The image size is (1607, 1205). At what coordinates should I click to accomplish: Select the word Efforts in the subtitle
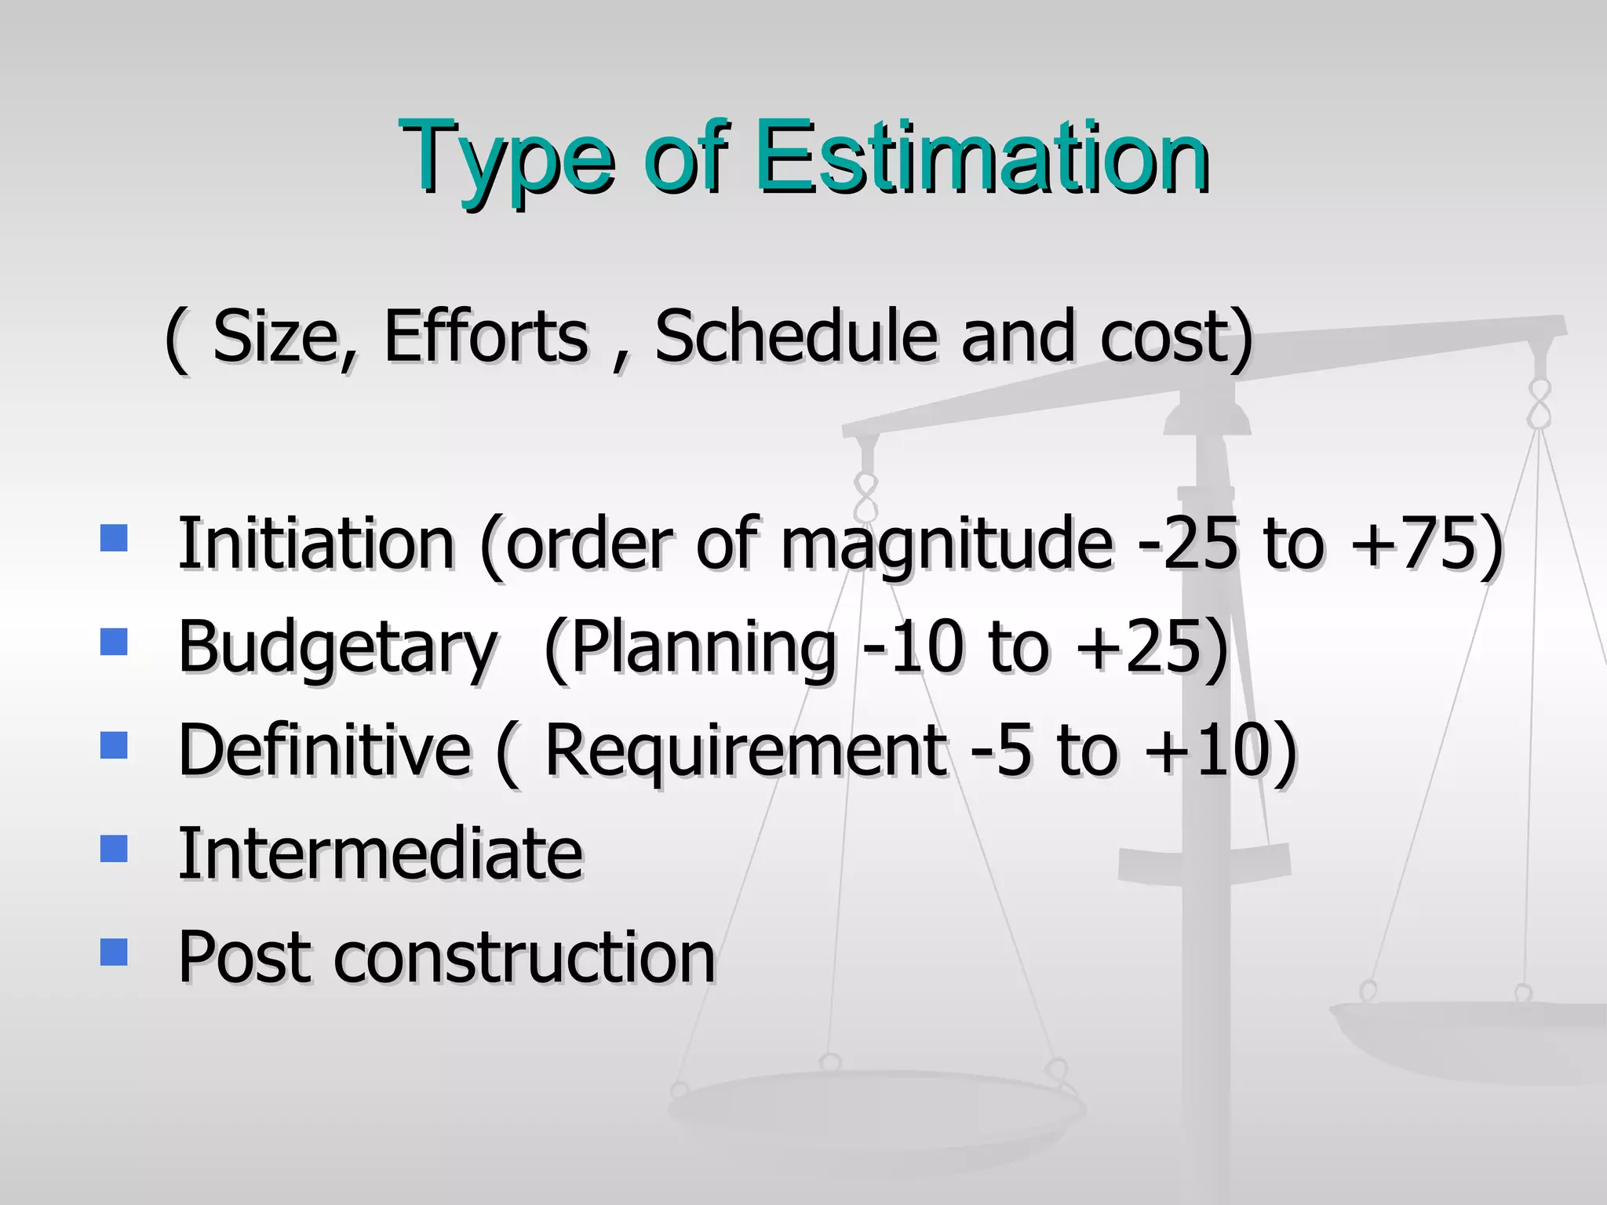pyautogui.click(x=486, y=337)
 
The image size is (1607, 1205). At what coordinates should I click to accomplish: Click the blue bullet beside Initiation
pyautogui.click(x=115, y=538)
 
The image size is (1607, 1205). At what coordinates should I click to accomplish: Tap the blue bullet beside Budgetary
pyautogui.click(x=115, y=642)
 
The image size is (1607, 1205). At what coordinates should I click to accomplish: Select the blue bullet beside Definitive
pyautogui.click(x=115, y=745)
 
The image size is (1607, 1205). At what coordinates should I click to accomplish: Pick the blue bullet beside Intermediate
pyautogui.click(x=115, y=849)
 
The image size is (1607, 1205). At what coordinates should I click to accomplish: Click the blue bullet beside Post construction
pyautogui.click(x=115, y=952)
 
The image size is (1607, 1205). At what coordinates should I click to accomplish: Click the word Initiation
pyautogui.click(x=316, y=543)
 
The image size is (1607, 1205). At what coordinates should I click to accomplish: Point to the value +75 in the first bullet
pyautogui.click(x=1412, y=543)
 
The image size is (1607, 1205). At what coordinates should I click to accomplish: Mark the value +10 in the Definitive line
pyautogui.click(x=1208, y=750)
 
